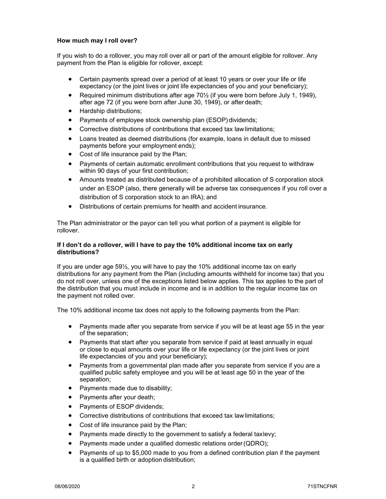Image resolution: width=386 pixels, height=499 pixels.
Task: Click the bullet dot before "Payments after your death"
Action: [71, 397]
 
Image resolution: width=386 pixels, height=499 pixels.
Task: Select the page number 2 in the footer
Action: [193, 486]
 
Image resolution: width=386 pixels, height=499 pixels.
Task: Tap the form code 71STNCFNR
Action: [322, 486]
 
